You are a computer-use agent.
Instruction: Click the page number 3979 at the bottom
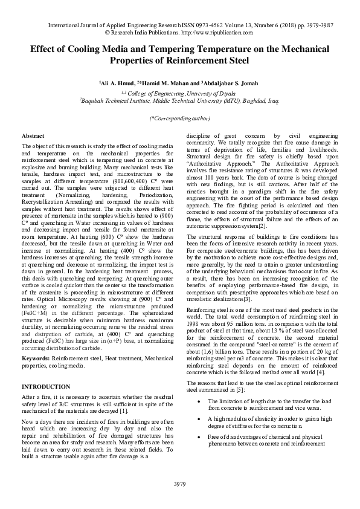pyautogui.click(x=179, y=484)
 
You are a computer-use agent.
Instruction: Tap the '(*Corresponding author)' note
pyautogui.click(x=179, y=119)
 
